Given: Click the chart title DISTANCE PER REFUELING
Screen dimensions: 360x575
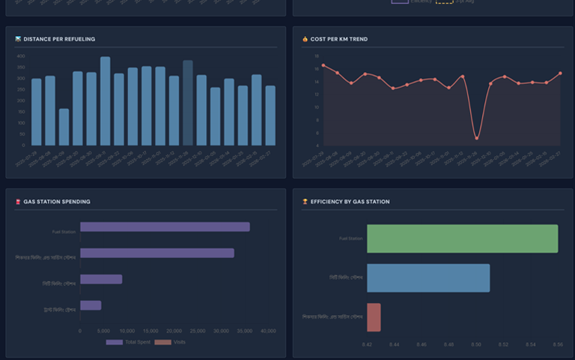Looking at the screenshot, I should [x=59, y=39].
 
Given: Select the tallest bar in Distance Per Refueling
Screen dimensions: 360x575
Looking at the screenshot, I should [x=106, y=101].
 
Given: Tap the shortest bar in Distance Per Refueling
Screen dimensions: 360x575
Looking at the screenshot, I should [x=64, y=127].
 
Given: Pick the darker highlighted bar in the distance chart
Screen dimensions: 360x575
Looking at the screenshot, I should [x=188, y=103].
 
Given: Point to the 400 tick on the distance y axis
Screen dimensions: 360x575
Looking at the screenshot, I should [x=20, y=56].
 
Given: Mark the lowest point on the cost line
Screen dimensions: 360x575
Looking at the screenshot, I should [x=477, y=138].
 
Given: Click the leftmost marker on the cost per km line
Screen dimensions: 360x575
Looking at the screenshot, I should [x=323, y=65].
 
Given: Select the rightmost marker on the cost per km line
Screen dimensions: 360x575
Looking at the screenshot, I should [x=560, y=73].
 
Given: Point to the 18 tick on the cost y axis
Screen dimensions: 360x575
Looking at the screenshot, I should [x=317, y=56].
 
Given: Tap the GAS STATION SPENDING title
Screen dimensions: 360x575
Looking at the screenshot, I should [x=57, y=202].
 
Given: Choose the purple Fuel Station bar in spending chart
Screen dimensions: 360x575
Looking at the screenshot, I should [x=165, y=227].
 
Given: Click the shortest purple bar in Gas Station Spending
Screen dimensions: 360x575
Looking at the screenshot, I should [x=91, y=305].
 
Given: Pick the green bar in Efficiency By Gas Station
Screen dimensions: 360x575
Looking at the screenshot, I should [x=462, y=238].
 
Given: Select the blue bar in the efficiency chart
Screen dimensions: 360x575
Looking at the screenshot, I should [x=428, y=277].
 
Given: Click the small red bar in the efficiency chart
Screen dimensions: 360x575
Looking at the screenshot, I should [x=374, y=317].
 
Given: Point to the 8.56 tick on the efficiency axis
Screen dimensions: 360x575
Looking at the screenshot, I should [x=558, y=345].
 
